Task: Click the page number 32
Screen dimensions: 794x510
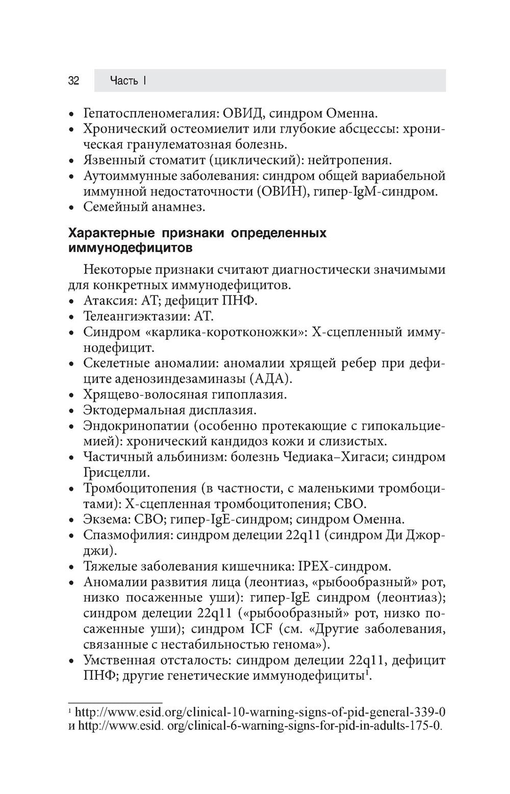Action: pos(73,81)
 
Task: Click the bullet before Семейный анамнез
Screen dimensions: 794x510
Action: pos(73,208)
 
